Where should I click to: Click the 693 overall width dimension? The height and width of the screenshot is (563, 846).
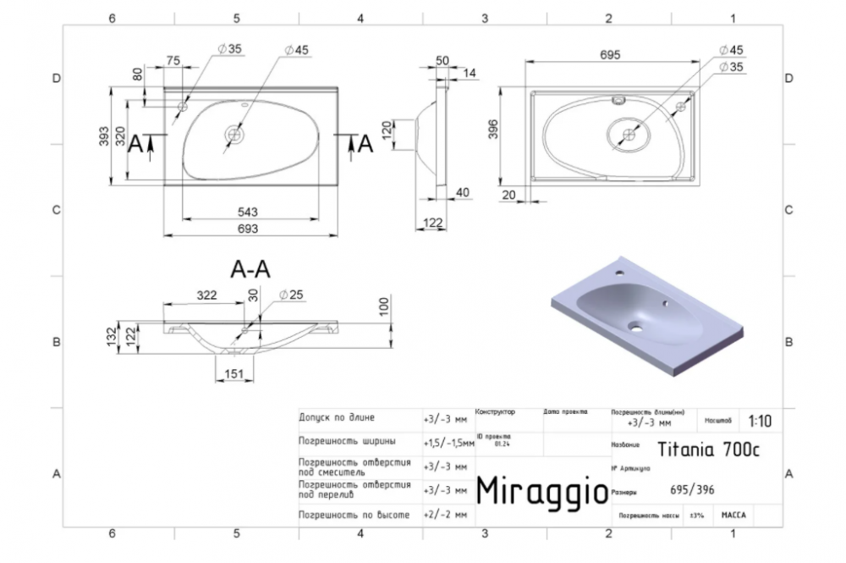[x=247, y=229]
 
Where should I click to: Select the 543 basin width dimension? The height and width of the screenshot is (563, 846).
[x=247, y=211]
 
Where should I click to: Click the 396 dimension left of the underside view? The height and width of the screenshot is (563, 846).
[x=492, y=128]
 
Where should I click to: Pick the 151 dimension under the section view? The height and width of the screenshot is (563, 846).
[x=234, y=374]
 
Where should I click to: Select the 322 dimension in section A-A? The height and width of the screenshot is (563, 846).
[x=207, y=295]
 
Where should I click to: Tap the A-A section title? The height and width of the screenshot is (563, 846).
[x=250, y=269]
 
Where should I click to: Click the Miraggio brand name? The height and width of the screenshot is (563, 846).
[x=541, y=489]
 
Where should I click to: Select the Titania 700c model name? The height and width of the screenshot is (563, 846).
[x=709, y=450]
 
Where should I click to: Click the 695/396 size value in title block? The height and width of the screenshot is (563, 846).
[x=690, y=490]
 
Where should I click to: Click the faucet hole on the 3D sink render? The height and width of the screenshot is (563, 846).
[x=620, y=274]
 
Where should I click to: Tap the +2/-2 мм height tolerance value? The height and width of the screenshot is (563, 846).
[x=443, y=514]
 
